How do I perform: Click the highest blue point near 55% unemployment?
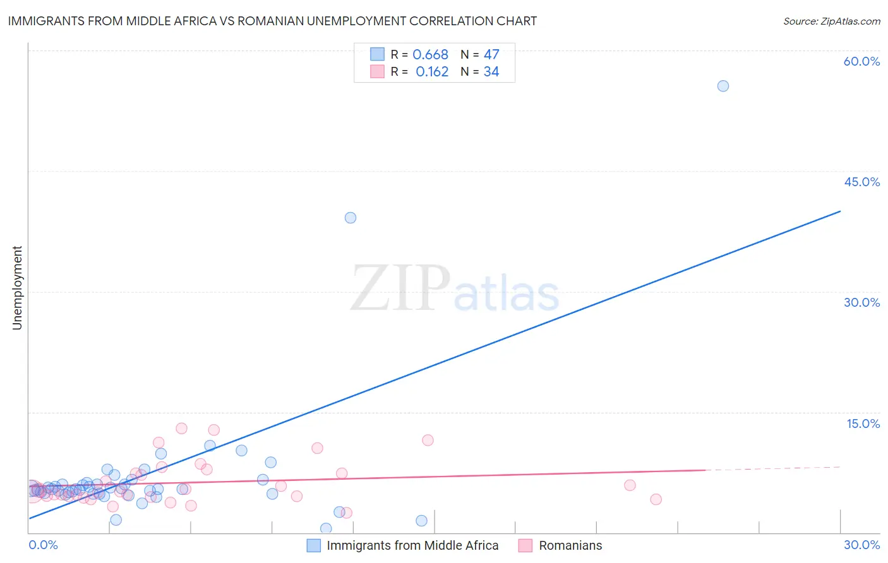coord(723,86)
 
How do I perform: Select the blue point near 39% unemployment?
coord(351,218)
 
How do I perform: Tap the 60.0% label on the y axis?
coord(861,61)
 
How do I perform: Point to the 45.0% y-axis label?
coord(861,182)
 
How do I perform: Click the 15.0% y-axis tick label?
coord(863,424)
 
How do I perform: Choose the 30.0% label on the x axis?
coord(861,545)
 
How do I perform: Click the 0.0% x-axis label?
coord(44,545)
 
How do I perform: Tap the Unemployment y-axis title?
coord(17,288)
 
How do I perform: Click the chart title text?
coord(272,21)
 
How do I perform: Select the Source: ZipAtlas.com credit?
coord(831,21)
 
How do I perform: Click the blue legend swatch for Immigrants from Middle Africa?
coord(313,545)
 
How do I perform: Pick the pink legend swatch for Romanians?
coord(525,545)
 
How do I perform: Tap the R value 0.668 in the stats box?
coord(430,55)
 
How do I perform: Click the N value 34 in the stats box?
coord(491,72)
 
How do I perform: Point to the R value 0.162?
coord(432,72)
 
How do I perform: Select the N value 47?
coord(491,55)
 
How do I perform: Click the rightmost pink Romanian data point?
coord(656,499)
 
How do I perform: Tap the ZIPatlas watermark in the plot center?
coord(455,288)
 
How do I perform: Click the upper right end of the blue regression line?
coord(840,211)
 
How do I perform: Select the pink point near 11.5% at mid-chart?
coord(428,440)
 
